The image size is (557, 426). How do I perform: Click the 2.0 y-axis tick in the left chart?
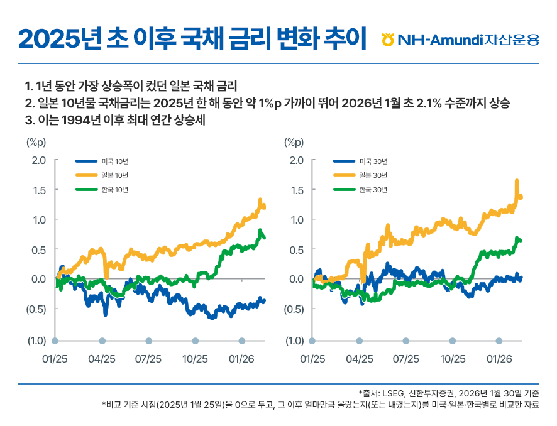pyautogui.click(x=39, y=160)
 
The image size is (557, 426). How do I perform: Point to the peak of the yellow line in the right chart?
pyautogui.click(x=517, y=181)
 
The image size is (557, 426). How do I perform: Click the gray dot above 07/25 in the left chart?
pyautogui.click(x=148, y=341)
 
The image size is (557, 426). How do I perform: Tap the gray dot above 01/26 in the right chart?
pyautogui.click(x=499, y=341)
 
